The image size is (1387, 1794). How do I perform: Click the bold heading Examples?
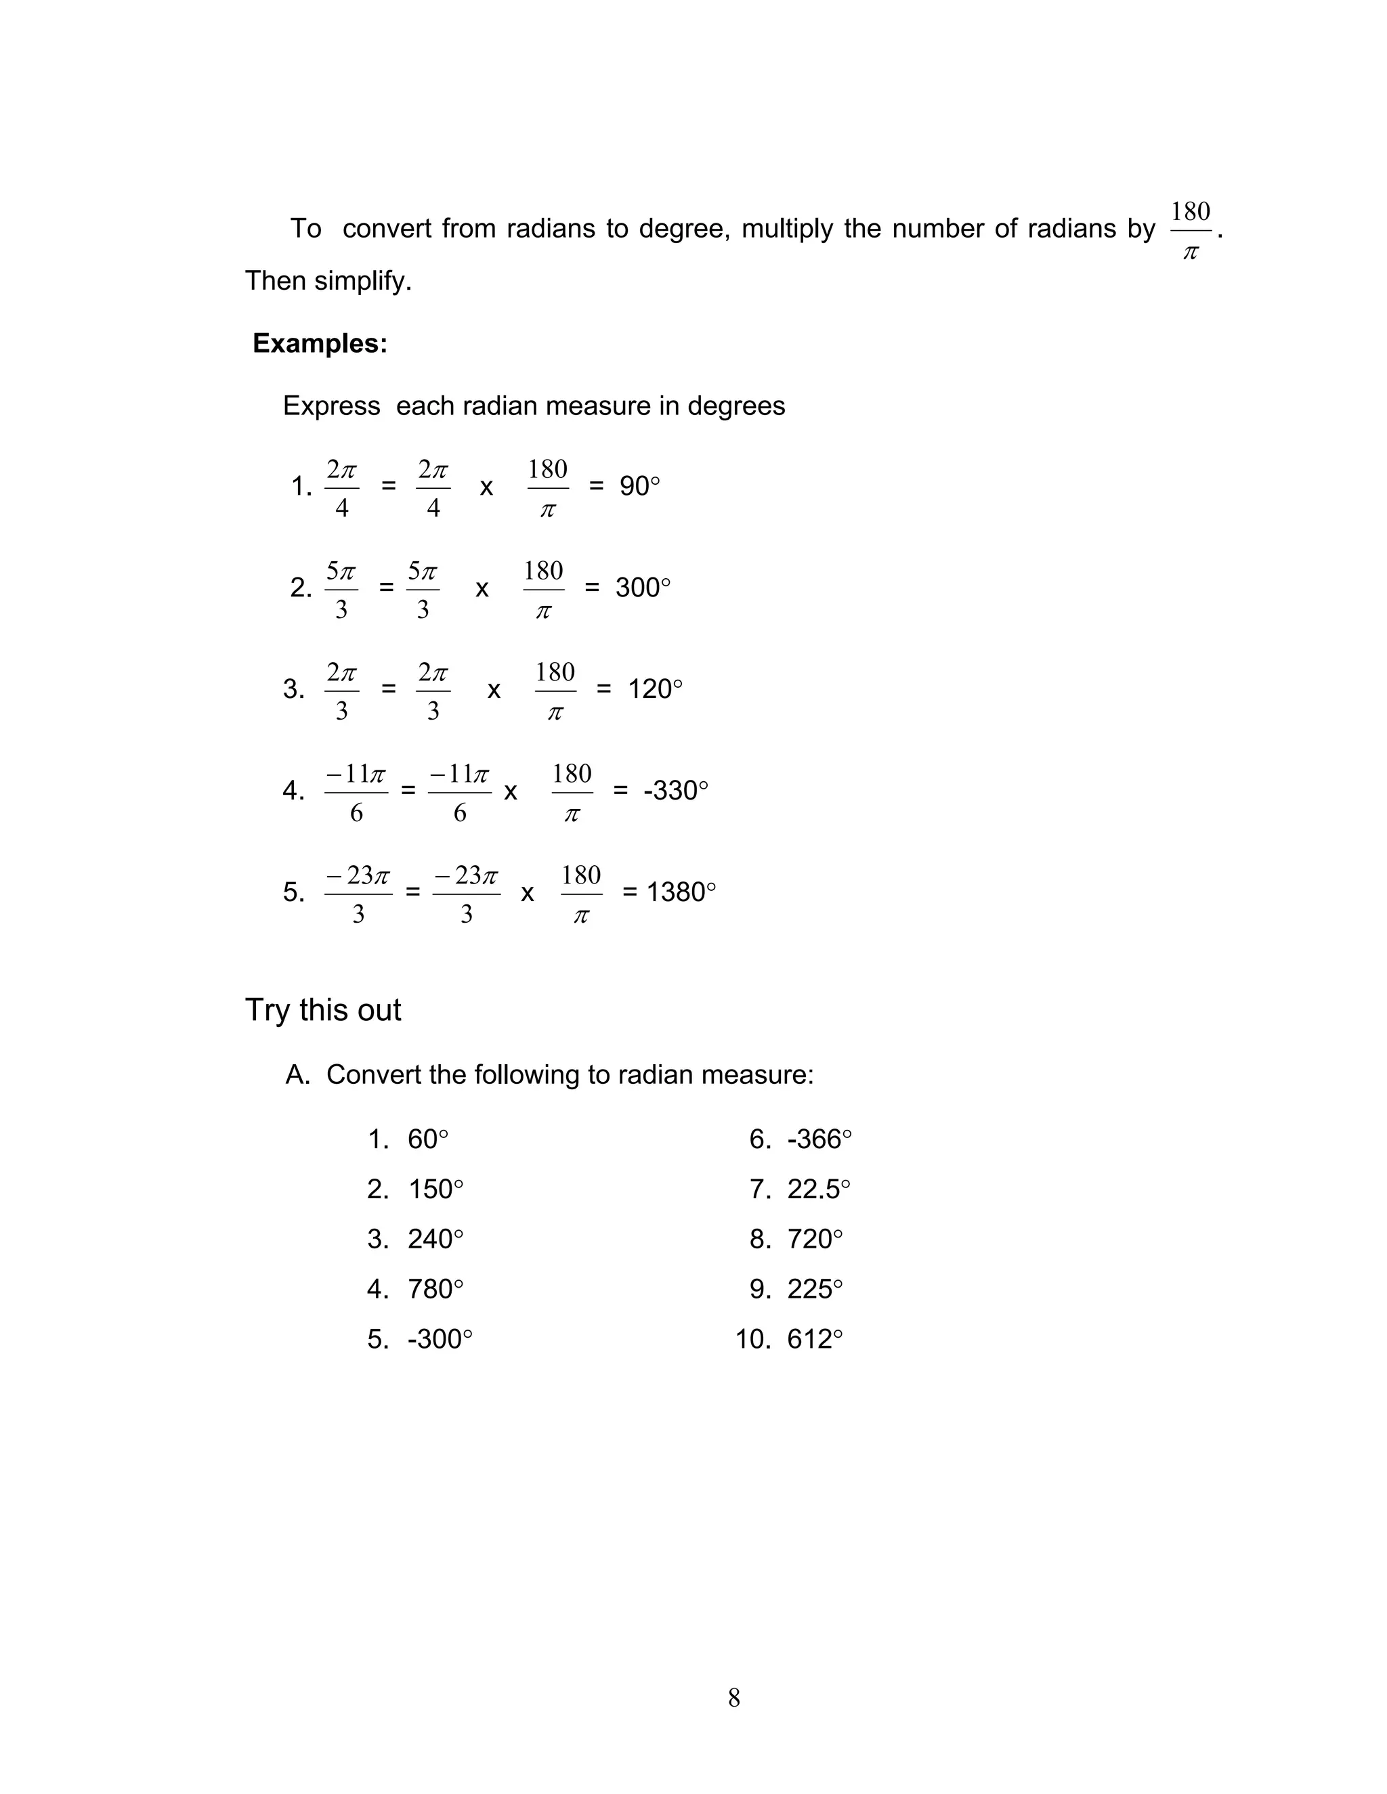pos(320,343)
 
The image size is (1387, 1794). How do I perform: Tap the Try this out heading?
pos(323,1010)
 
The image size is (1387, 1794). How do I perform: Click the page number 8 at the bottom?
pos(733,1697)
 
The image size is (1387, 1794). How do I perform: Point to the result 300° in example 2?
pos(643,588)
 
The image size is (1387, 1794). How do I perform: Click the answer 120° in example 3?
pos(655,688)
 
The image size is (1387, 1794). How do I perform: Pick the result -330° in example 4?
pos(675,790)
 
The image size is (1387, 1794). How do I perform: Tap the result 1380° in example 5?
pos(681,892)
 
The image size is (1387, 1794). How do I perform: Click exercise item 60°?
pos(427,1139)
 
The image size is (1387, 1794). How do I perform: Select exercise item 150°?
pos(435,1189)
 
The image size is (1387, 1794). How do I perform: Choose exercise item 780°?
pos(435,1289)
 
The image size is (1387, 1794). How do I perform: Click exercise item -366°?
pos(819,1139)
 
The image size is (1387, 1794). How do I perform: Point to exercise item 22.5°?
pos(818,1189)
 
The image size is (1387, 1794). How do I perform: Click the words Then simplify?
pos(328,281)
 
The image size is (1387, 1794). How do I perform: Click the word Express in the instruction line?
pos(331,406)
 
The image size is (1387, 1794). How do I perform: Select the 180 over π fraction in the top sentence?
pos(1190,231)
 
